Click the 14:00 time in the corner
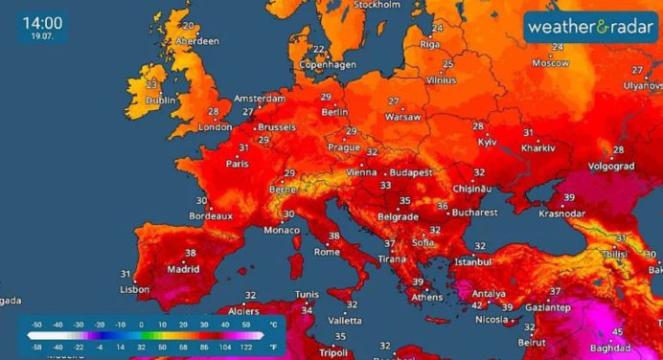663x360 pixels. tap(39, 22)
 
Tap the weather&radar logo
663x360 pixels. tap(590, 26)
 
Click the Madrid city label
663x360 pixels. tap(183, 269)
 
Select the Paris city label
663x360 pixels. tap(238, 163)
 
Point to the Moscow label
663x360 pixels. tap(550, 63)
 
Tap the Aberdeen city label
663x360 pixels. tap(196, 41)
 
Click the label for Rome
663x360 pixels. tap(327, 252)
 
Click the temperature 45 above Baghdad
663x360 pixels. tap(618, 332)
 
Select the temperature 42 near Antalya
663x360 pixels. tap(476, 305)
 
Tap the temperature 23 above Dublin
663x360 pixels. tap(151, 84)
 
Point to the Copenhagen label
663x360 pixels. tap(328, 65)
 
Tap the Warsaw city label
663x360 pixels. tap(402, 117)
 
